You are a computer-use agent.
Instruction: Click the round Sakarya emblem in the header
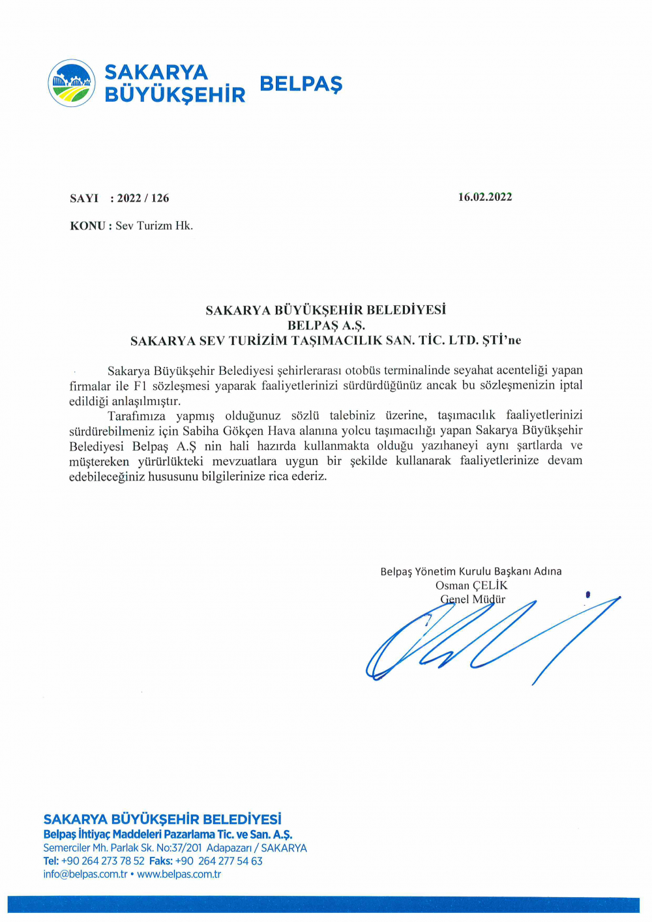(x=72, y=83)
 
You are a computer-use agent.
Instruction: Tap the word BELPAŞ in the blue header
(x=301, y=84)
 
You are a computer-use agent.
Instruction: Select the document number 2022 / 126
(x=143, y=198)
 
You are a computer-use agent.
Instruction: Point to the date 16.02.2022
(x=485, y=197)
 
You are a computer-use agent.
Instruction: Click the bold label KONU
(x=87, y=226)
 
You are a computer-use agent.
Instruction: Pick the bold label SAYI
(x=84, y=198)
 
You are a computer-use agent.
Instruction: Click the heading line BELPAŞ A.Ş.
(x=326, y=325)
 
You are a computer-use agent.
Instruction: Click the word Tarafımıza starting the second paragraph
(x=136, y=415)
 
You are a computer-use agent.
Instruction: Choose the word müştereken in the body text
(x=99, y=461)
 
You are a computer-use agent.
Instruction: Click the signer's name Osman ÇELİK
(x=471, y=586)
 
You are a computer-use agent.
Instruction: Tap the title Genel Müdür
(x=473, y=599)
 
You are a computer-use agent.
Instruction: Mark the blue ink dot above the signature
(x=587, y=594)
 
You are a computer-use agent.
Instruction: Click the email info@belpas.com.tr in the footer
(x=85, y=874)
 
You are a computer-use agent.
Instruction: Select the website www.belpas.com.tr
(x=179, y=874)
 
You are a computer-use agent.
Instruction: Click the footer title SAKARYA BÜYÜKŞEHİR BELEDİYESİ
(x=162, y=819)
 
